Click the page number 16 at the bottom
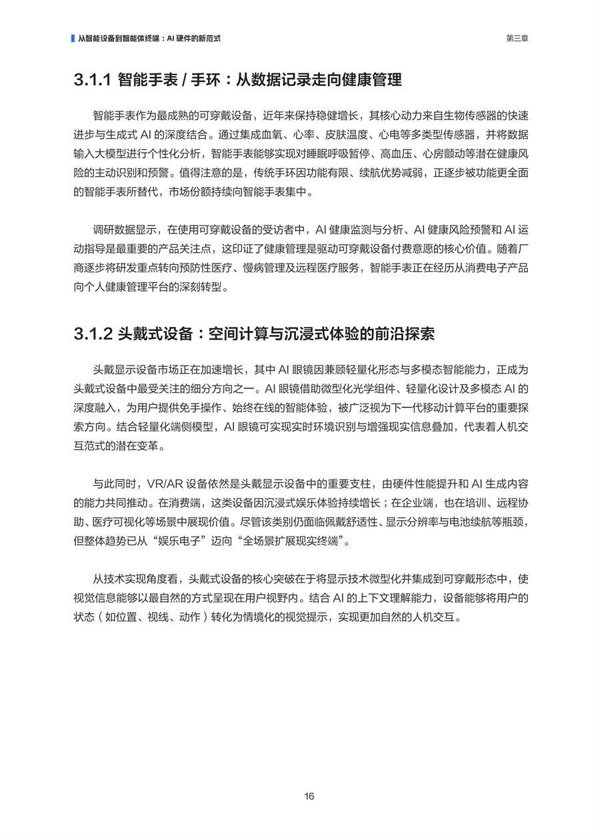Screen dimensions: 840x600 point(309,796)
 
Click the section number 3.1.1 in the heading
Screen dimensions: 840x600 point(91,81)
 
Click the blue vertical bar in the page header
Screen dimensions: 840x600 point(73,39)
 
